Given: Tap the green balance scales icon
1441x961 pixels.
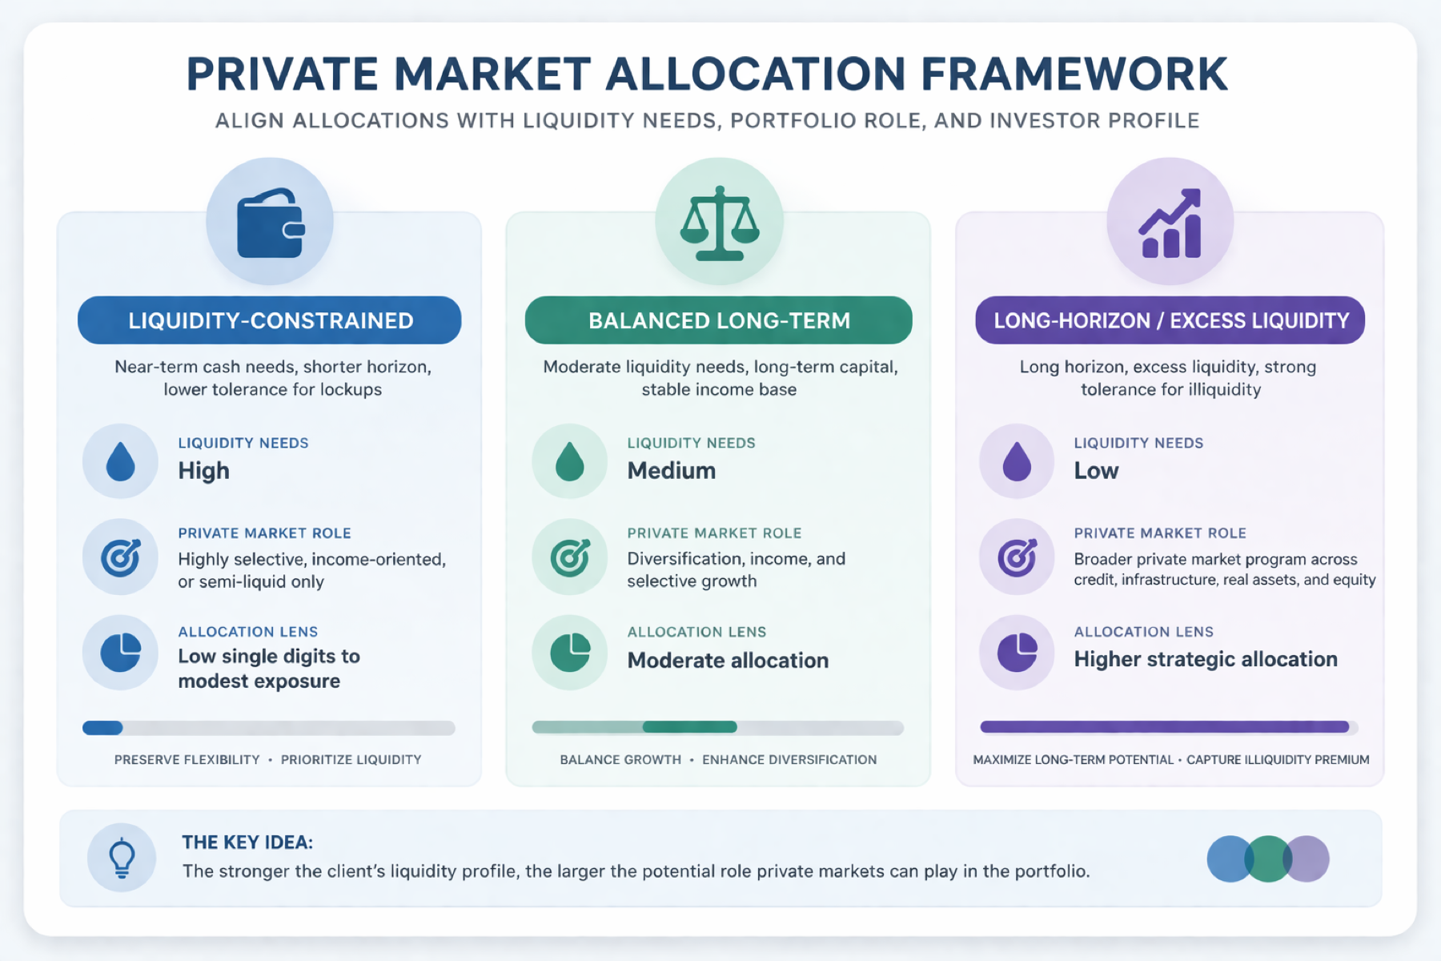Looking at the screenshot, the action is pos(720,223).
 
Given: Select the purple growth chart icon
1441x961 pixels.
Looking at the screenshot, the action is pos(1170,223).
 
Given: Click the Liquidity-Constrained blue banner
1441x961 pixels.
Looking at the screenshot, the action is pos(270,320).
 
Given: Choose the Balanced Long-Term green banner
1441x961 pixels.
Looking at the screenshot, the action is pos(719,320).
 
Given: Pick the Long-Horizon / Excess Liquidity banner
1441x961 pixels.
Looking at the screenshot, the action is pos(1170,320).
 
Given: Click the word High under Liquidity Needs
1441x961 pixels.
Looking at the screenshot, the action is pos(203,471).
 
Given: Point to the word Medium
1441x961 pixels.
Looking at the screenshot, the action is pos(672,471).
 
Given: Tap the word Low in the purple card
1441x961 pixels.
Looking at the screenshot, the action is pos(1096,471).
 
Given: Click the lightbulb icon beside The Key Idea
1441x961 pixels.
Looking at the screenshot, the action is pos(122,858).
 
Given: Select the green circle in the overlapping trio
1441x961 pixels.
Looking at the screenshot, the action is pos(1268,858).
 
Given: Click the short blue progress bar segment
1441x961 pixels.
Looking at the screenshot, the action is pos(102,728).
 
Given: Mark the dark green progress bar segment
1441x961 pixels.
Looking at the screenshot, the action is pos(690,727).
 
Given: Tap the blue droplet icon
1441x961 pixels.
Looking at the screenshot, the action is pos(121,461).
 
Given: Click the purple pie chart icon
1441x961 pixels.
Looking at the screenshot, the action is pos(1018,652).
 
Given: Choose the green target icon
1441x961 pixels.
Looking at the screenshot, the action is pos(570,557).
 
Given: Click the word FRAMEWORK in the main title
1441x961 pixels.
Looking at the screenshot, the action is pos(1074,74).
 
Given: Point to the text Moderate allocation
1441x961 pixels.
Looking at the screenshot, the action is pos(728,661).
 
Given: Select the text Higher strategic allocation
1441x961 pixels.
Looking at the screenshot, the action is pos(1206,659).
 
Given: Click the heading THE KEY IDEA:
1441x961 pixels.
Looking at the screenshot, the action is pos(247,842).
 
